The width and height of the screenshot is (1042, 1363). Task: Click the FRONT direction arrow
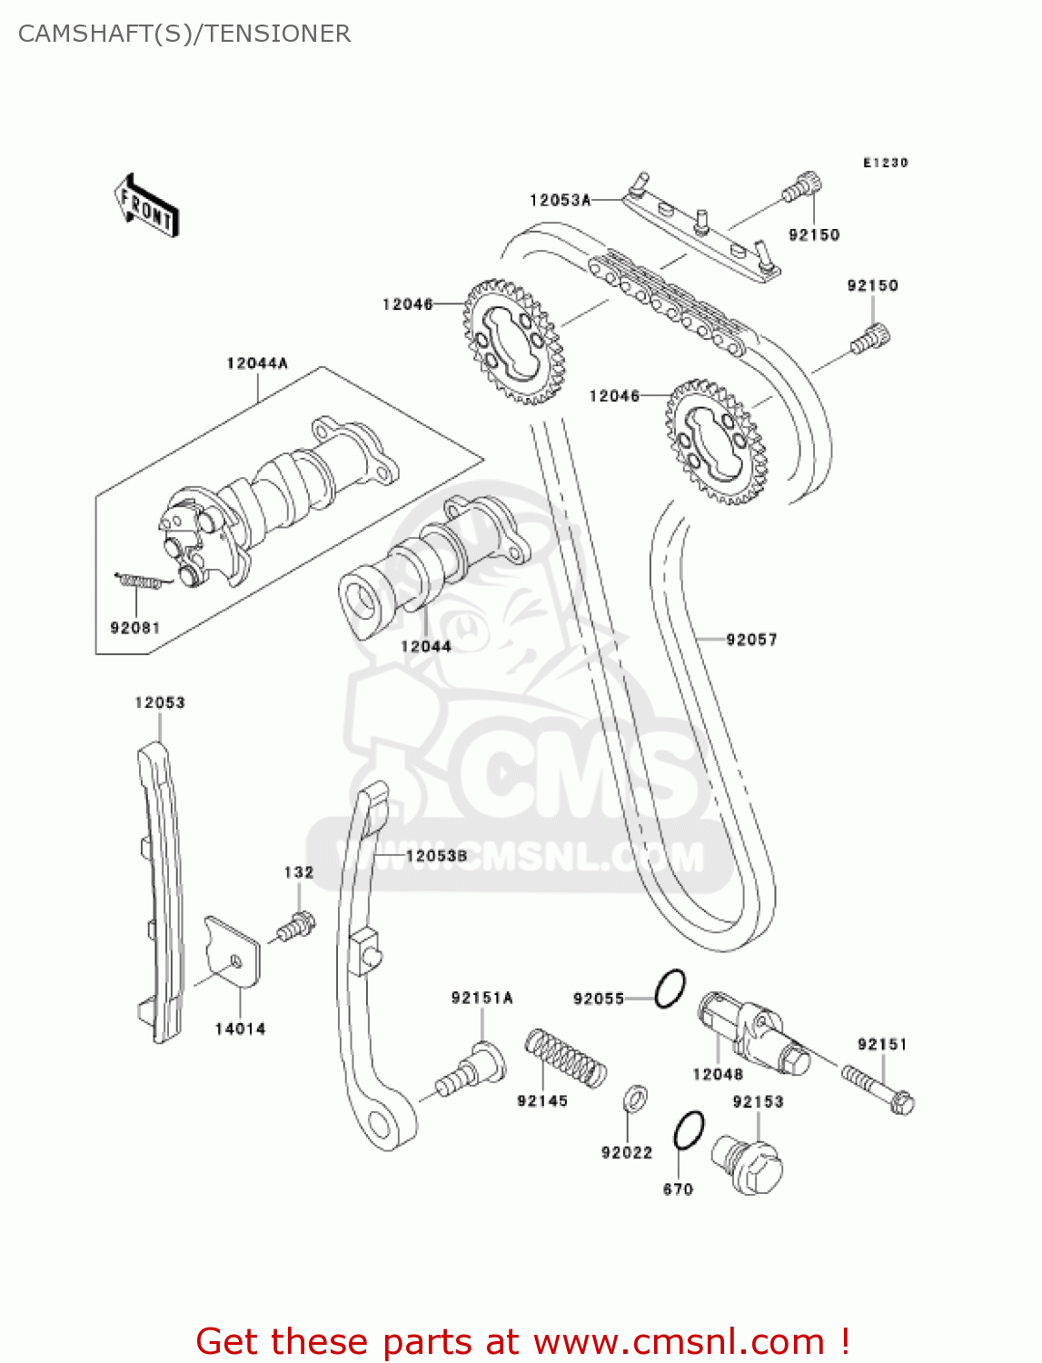pos(146,206)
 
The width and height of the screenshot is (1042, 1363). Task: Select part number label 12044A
pos(257,363)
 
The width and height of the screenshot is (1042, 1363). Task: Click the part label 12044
pos(426,646)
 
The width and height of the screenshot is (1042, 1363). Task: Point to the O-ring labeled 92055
pos(670,989)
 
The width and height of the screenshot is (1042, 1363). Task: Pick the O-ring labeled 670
pos(689,1130)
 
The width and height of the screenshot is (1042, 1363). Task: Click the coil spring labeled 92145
pos(565,1057)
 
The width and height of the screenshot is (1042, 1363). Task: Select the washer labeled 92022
pos(635,1099)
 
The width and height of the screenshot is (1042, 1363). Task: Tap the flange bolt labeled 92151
pos(878,1089)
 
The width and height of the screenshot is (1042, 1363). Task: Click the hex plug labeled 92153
pos(749,1165)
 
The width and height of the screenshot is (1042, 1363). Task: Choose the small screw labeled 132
pos(295,927)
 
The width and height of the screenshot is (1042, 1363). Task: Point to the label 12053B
pos(436,856)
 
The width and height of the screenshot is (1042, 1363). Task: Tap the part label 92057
pos(751,640)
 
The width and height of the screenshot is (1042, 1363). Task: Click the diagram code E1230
pos(885,163)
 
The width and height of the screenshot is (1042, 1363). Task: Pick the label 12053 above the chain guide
pos(160,702)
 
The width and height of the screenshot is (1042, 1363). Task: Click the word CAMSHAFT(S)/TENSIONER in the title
pos(184,34)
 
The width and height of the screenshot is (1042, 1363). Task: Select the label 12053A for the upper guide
pos(560,200)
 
